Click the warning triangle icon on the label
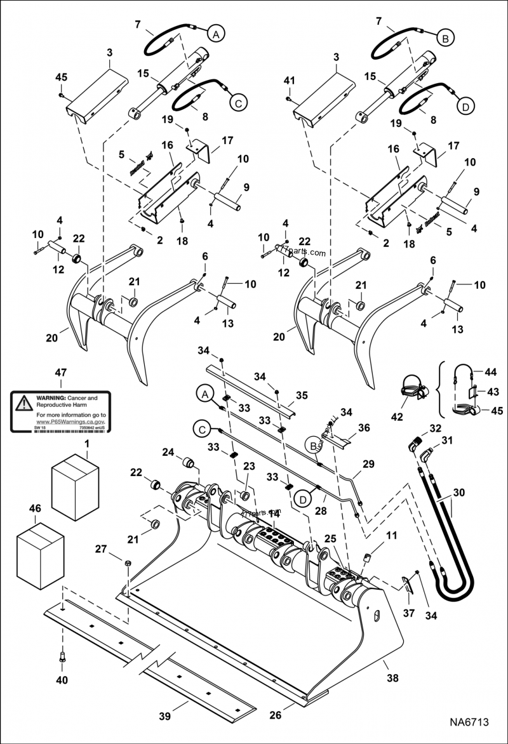click(x=23, y=402)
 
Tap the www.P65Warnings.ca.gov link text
click(x=70, y=421)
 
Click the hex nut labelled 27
click(x=126, y=563)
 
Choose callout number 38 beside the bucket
click(x=392, y=678)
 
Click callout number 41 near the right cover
click(x=290, y=81)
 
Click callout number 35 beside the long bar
click(x=301, y=395)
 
